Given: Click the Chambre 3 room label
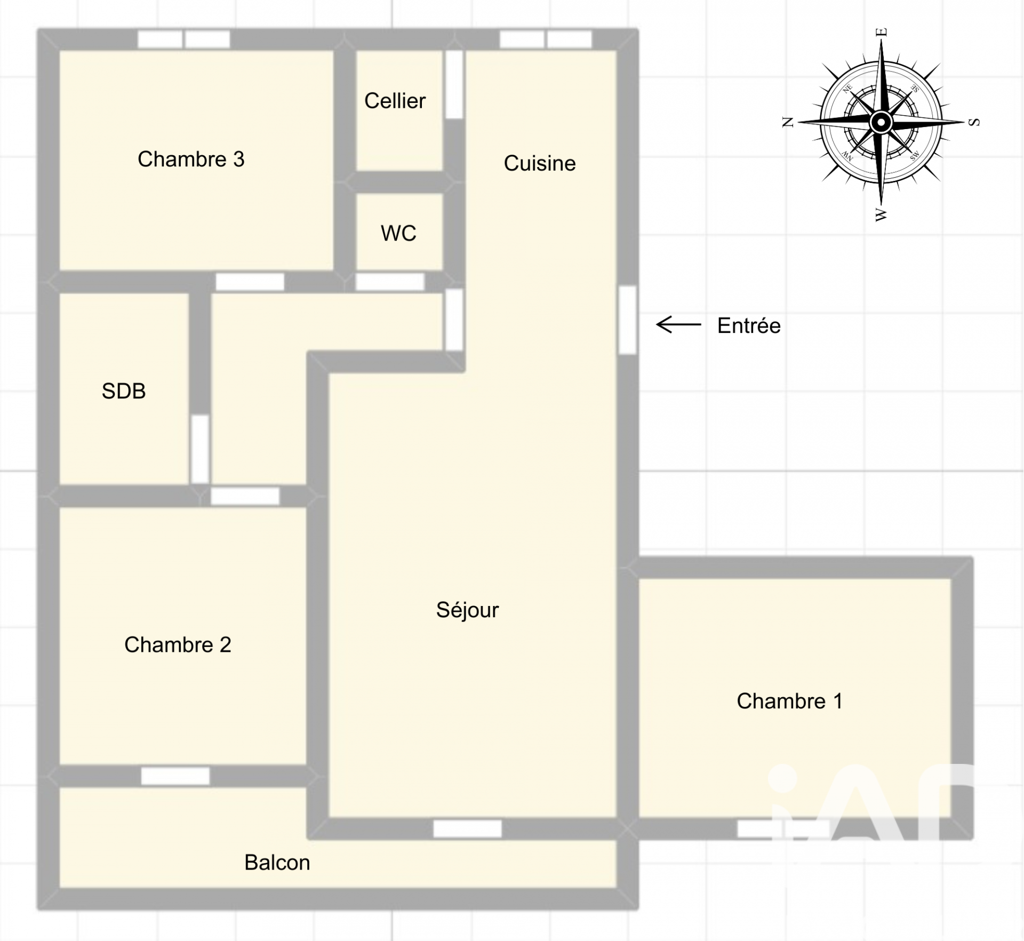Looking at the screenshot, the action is [x=191, y=159].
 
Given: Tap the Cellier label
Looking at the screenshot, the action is [x=395, y=101].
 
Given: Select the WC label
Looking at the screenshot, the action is [x=398, y=233].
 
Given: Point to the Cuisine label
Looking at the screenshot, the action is [x=540, y=163].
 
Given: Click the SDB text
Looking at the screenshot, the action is [x=124, y=391].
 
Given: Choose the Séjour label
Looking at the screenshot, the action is [x=467, y=610].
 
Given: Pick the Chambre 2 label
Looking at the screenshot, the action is [x=178, y=644].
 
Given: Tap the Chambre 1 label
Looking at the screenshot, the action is [x=790, y=701].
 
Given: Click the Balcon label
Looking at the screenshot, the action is [x=277, y=863].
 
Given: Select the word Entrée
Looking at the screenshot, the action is [x=749, y=325].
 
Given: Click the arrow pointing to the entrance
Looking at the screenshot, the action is [x=678, y=324].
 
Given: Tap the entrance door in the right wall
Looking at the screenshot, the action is [x=628, y=320].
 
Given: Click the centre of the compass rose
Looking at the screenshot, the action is [x=881, y=123].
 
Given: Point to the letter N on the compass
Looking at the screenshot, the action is [x=788, y=122].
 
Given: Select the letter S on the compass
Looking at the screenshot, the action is [x=974, y=122].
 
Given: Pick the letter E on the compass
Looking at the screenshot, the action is [x=882, y=32].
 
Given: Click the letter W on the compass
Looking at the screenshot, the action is [x=881, y=215].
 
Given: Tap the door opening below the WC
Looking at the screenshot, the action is [x=390, y=282].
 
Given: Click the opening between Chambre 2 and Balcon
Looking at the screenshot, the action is [x=175, y=776].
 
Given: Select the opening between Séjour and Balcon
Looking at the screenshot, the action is [x=468, y=828].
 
